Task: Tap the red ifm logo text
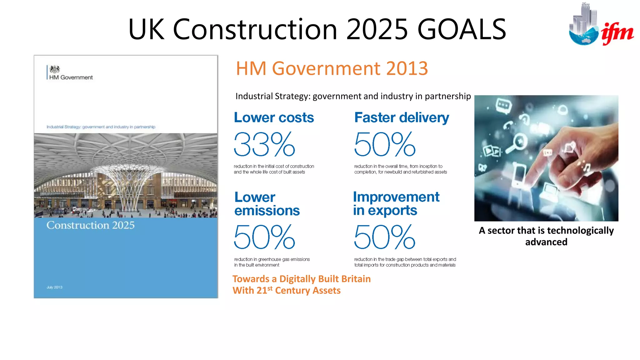[x=617, y=33]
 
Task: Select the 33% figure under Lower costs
[x=264, y=144]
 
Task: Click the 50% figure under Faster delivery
[x=385, y=144]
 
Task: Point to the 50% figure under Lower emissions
[x=264, y=237]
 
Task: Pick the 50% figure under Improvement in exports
[x=385, y=237]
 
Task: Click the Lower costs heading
[x=274, y=117]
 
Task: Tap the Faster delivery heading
[x=402, y=118]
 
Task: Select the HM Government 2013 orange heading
[x=332, y=68]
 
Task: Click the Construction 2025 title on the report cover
[x=90, y=225]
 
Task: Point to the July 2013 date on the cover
[x=54, y=287]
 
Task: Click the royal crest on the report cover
[x=55, y=69]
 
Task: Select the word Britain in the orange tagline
[x=356, y=279]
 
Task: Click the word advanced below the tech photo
[x=546, y=242]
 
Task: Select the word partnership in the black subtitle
[x=447, y=96]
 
